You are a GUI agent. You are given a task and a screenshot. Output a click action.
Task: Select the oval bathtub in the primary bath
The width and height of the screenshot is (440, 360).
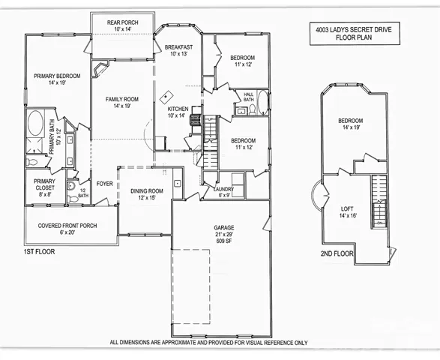(34, 124)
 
